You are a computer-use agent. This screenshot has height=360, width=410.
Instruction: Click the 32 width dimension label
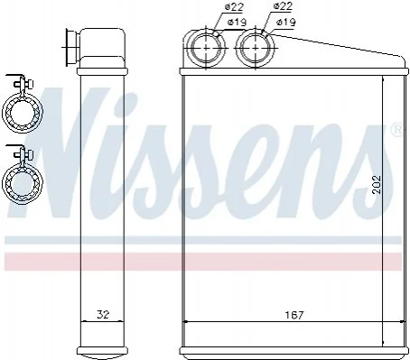[103, 315]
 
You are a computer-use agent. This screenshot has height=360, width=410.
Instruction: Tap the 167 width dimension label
[294, 315]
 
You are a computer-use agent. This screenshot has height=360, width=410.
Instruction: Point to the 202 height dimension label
[376, 184]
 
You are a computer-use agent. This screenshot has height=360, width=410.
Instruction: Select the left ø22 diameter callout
[234, 7]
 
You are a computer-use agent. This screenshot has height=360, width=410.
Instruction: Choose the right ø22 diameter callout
[283, 6]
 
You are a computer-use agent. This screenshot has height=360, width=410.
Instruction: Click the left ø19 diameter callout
[237, 22]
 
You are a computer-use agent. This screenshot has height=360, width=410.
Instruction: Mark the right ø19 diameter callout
[286, 22]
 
